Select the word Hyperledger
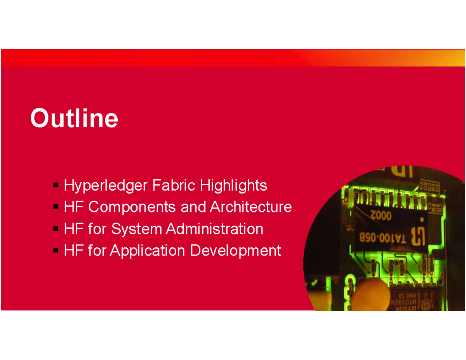coord(106,186)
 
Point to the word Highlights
coord(233,186)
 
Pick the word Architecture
coord(250,207)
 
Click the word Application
coord(147,251)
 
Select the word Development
coord(235,251)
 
